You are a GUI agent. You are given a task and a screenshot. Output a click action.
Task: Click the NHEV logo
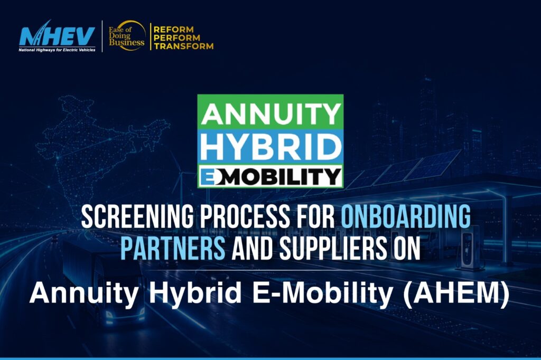click(x=57, y=36)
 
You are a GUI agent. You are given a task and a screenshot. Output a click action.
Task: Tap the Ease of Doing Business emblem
click(x=127, y=35)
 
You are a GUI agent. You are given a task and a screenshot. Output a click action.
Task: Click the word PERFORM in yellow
click(x=176, y=37)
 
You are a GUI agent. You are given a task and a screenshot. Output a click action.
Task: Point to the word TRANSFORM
click(x=183, y=46)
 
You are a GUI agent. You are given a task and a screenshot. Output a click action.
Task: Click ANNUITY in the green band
click(x=270, y=114)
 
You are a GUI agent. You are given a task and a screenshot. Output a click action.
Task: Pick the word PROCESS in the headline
click(x=244, y=217)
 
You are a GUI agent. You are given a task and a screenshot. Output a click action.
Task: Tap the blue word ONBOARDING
click(x=406, y=216)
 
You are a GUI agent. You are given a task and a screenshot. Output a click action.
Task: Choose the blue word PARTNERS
click(x=173, y=248)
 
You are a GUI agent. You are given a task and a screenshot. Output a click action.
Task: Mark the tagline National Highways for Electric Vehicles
click(x=57, y=50)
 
